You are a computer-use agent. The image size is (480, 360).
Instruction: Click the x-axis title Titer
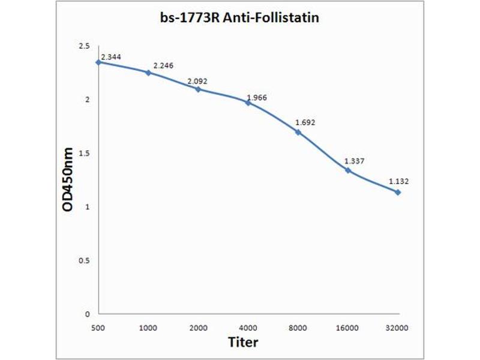[x=242, y=343]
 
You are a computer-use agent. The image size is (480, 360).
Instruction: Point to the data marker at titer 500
[x=98, y=62]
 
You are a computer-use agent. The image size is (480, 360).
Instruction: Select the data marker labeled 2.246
[x=148, y=73]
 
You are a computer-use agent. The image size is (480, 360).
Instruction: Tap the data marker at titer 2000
[x=198, y=89]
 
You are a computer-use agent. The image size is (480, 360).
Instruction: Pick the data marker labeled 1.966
[x=248, y=103]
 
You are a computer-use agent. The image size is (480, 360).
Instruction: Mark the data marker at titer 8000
[x=298, y=132]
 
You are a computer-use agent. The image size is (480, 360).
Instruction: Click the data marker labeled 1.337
[x=347, y=170]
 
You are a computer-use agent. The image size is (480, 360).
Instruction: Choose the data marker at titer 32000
[x=397, y=192]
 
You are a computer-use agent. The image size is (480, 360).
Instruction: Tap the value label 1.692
[x=305, y=123]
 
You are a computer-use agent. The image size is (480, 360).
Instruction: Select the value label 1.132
[x=398, y=181]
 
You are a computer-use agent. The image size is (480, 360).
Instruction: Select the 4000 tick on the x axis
[x=248, y=328]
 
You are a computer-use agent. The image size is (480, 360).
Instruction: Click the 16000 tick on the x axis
[x=347, y=328]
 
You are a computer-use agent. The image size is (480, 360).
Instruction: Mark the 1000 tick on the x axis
[x=148, y=328]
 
